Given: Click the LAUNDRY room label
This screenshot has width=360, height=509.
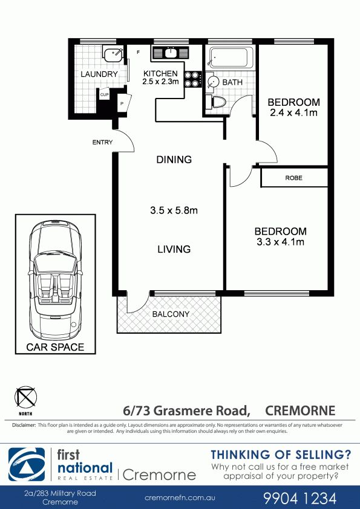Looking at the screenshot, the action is [99, 74].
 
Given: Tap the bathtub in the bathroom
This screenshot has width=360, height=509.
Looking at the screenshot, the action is [229, 58].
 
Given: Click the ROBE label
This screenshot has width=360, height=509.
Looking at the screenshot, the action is [293, 178].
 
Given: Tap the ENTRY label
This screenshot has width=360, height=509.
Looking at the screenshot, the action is [102, 142].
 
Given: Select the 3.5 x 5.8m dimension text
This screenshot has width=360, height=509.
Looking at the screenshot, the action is [174, 210].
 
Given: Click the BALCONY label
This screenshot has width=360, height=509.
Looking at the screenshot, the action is [171, 314].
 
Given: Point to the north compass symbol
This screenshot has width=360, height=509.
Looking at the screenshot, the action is [25, 397].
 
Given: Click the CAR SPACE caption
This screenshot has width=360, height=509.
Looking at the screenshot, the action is [55, 347].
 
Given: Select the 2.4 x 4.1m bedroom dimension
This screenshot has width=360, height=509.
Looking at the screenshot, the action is [293, 113].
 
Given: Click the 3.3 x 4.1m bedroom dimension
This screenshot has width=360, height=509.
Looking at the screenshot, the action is [280, 242].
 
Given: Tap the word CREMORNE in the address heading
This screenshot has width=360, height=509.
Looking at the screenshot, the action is [300, 410].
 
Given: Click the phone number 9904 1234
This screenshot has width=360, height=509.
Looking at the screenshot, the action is [299, 498].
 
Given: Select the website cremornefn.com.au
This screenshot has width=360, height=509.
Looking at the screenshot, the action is [180, 498].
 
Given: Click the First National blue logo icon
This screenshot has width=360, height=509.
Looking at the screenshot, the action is [27, 464].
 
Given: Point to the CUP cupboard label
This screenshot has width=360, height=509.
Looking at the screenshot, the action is [104, 95].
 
